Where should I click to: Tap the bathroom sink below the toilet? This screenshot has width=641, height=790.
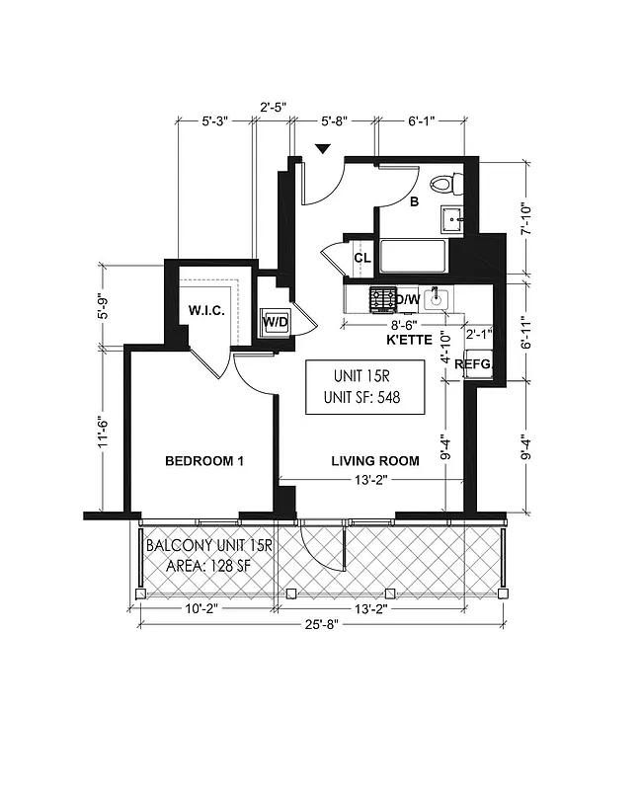click(x=452, y=218)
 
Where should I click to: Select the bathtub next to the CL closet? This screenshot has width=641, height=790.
click(x=413, y=258)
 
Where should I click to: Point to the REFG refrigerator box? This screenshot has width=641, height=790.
click(x=479, y=362)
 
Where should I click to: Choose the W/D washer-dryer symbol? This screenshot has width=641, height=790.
click(x=274, y=323)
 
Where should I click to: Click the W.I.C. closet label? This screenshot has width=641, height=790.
click(x=207, y=311)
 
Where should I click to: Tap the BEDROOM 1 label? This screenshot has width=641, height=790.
click(x=203, y=461)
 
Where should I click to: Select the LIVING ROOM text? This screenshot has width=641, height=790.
click(x=374, y=460)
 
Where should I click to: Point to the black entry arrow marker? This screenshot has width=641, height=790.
click(x=322, y=149)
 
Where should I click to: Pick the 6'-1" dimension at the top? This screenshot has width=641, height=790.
click(x=421, y=120)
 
